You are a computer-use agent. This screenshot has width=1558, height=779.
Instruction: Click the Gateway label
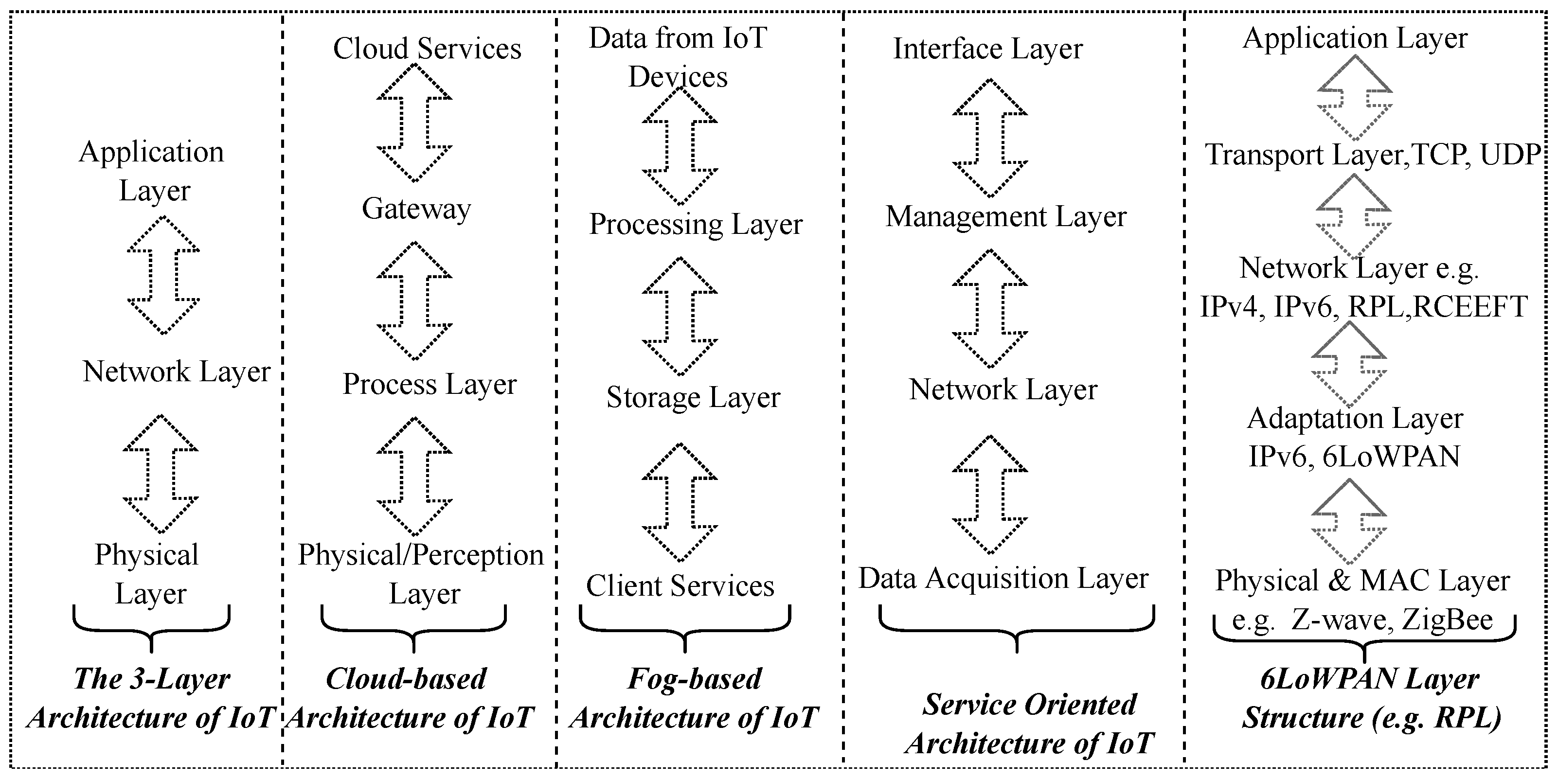(x=416, y=209)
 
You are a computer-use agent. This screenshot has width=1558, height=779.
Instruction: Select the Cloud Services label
(x=427, y=49)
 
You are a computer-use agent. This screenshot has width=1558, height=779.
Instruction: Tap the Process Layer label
(x=430, y=384)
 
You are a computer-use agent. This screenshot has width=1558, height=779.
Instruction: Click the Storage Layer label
(x=693, y=398)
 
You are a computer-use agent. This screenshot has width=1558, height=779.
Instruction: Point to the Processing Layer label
(x=696, y=224)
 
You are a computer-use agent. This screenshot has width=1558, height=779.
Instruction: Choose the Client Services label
(x=680, y=586)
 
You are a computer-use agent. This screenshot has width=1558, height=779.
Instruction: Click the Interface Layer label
(x=987, y=49)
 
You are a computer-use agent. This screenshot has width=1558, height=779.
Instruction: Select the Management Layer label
(x=1006, y=216)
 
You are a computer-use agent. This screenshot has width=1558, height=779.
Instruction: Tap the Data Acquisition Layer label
(x=1003, y=579)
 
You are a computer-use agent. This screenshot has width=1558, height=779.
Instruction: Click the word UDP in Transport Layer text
(x=1510, y=155)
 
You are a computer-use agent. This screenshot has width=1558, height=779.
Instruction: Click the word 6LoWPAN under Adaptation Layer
(x=1391, y=457)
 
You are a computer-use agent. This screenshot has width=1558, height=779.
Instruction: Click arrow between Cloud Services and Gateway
(x=414, y=123)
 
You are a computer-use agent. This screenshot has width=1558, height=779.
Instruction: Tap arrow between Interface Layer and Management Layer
(x=989, y=138)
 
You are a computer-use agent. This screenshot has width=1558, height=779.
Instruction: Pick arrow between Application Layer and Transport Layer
(x=1355, y=98)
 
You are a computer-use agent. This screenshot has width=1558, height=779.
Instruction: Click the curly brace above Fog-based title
(x=685, y=629)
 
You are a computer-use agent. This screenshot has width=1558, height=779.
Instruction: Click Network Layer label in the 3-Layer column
(x=176, y=372)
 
